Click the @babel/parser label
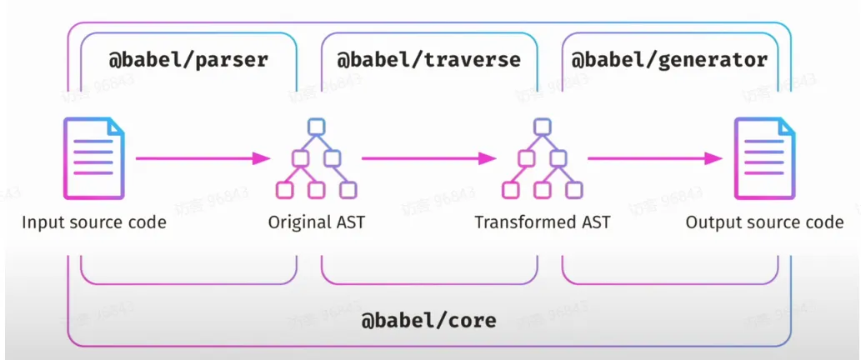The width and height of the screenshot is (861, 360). tap(188, 59)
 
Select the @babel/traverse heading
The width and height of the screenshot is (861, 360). tap(428, 59)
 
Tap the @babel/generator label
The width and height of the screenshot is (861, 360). tap(669, 60)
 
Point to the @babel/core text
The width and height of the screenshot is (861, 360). tap(428, 320)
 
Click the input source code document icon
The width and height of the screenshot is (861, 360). tap(94, 158)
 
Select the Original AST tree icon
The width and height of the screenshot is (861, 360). tap(316, 158)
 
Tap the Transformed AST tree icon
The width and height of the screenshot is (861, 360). tap(542, 158)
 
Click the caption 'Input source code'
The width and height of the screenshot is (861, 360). tap(94, 222)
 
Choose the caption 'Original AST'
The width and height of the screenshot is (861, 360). tap(316, 222)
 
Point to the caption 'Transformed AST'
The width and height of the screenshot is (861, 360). tap(542, 222)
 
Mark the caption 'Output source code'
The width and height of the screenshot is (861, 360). tap(765, 222)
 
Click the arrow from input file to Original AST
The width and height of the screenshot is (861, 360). tap(203, 158)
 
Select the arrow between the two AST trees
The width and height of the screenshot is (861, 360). tap(429, 158)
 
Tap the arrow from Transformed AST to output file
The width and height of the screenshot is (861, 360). tap(655, 158)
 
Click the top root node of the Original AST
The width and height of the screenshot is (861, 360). tap(316, 126)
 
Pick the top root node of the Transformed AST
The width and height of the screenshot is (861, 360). tap(542, 126)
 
